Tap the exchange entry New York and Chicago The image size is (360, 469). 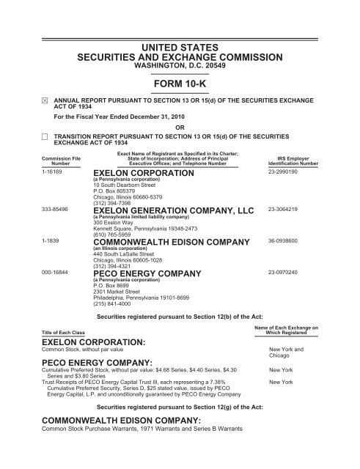point(284,353)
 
